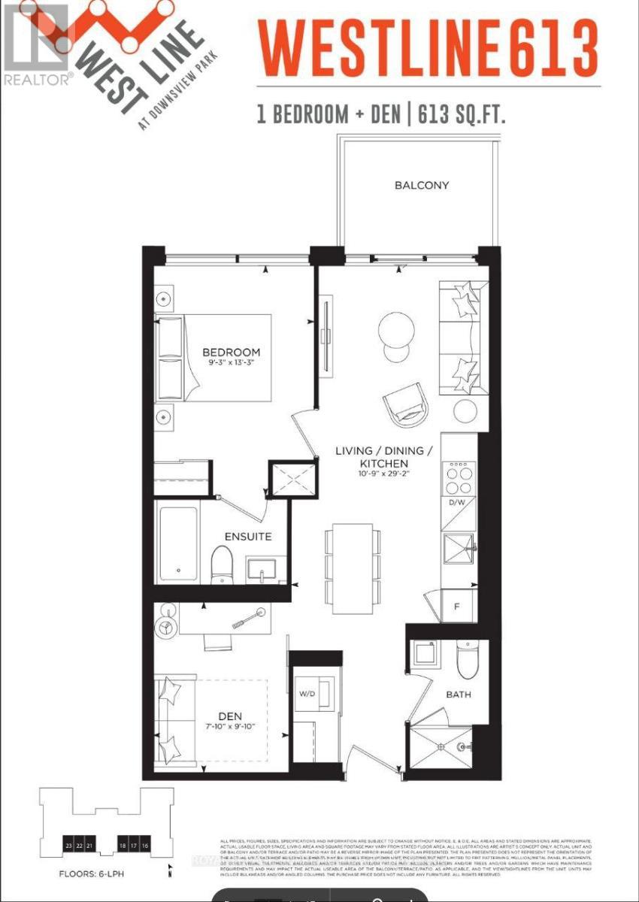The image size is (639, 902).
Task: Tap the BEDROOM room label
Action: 231,352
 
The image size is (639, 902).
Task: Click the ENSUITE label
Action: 248,537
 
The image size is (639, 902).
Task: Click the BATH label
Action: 458,695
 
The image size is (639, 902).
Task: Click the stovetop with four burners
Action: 459,473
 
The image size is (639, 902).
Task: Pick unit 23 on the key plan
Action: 69,846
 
